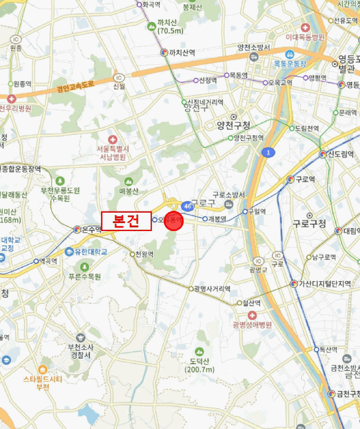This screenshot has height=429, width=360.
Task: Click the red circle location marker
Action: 174,221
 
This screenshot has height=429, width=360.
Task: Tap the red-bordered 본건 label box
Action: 126,221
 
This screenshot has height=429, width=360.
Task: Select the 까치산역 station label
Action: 181,53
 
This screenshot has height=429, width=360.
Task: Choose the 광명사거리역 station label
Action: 212,289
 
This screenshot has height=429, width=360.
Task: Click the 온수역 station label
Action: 91,230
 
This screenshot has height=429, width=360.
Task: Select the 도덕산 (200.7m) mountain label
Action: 200,365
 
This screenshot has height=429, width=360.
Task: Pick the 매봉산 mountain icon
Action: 129,181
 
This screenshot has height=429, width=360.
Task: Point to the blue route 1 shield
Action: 267,151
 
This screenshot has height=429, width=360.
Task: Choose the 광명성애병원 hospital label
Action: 252,325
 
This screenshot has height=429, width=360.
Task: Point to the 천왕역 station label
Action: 144,254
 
